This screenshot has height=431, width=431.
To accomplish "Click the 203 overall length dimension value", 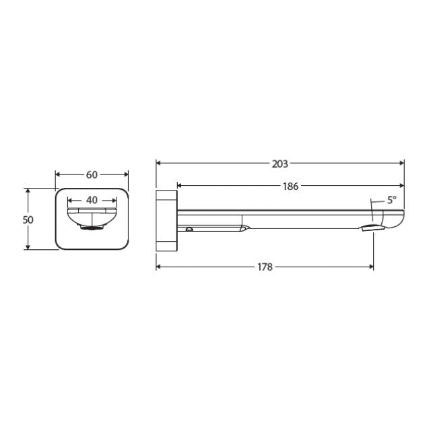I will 280,164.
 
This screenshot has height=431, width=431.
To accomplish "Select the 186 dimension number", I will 290,187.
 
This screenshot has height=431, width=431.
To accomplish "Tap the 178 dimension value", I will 265,267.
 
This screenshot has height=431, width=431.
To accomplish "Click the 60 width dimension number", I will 92,175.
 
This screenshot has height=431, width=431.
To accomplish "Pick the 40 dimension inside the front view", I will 92,200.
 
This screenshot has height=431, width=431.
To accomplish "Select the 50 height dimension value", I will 28,220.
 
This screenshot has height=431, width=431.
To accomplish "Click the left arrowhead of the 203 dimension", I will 159,163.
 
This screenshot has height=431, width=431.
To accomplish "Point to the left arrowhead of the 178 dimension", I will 159,267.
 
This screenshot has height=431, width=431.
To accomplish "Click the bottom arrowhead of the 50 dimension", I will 28,247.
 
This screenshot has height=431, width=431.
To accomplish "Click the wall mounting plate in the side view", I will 166,220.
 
